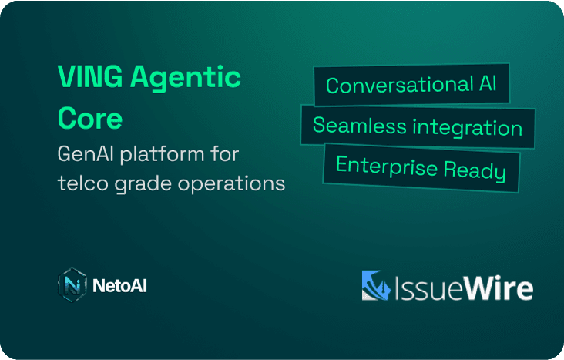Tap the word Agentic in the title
[186, 79]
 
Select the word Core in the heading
[90, 118]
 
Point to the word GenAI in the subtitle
[86, 154]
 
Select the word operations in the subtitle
[231, 185]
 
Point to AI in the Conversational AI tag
[488, 83]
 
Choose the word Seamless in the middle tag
[360, 126]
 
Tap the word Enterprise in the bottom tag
[387, 167]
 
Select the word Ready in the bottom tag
[475, 170]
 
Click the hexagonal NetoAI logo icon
[72, 284]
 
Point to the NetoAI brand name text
[119, 286]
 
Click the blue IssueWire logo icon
[376, 285]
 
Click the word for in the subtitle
[225, 154]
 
